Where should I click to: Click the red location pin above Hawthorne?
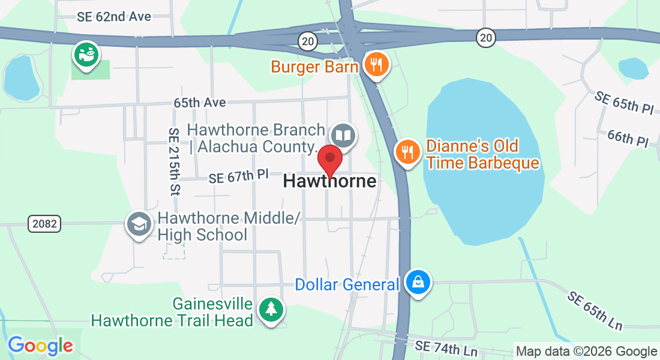click(329, 160)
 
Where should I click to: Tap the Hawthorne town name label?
click(329, 181)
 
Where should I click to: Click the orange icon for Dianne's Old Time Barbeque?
click(408, 151)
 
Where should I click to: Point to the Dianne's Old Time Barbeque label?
click(482, 154)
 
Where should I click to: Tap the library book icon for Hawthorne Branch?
click(343, 136)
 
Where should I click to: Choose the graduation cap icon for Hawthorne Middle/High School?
click(139, 224)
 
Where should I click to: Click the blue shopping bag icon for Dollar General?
click(418, 282)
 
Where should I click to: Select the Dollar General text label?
click(347, 284)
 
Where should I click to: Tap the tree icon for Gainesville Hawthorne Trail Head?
click(272, 310)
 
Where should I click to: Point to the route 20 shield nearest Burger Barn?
click(307, 40)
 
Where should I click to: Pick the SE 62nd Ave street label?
click(114, 17)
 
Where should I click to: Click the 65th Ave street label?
click(200, 103)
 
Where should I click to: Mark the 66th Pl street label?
click(628, 139)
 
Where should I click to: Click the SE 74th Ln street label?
click(446, 347)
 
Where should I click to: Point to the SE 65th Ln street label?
click(595, 311)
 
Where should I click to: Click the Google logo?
click(40, 346)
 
